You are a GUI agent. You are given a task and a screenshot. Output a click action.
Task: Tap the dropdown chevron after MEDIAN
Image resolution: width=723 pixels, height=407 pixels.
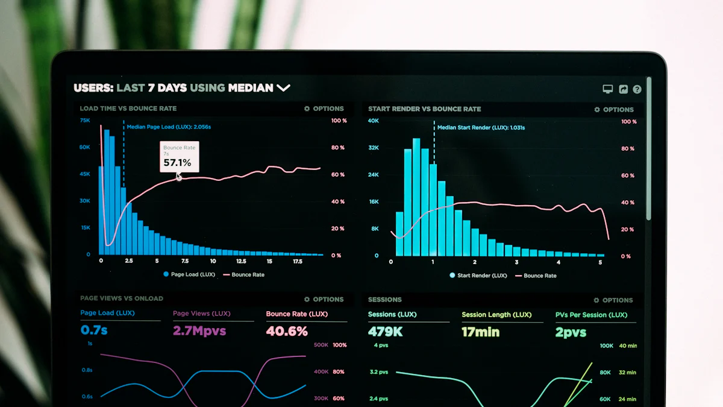[283, 88]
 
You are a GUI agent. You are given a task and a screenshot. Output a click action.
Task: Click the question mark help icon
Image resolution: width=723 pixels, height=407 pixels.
[637, 89]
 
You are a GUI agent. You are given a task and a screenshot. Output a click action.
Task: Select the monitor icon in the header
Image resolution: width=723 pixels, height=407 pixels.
[608, 89]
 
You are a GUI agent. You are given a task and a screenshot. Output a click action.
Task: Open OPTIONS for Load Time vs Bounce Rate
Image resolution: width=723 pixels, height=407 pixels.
[324, 109]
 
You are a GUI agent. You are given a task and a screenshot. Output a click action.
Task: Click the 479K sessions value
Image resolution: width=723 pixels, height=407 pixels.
[386, 332]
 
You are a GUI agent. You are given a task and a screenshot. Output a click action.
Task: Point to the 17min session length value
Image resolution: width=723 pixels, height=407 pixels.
[480, 332]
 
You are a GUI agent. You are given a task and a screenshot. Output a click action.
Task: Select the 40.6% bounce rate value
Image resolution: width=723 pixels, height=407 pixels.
[287, 331]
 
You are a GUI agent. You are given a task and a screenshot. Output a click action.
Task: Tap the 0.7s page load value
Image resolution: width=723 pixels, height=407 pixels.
[94, 330]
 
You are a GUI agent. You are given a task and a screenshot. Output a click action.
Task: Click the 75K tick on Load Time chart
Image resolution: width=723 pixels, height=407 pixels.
[85, 121]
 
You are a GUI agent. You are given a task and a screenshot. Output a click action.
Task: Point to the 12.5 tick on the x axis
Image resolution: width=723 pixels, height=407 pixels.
[241, 261]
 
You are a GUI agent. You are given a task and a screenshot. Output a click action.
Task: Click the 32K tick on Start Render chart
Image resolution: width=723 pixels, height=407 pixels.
[374, 148]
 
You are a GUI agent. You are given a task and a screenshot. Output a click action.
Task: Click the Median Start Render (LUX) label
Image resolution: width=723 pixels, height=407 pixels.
[481, 128]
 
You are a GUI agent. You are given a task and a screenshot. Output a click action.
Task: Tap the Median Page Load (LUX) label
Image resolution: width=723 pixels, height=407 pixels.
[169, 127]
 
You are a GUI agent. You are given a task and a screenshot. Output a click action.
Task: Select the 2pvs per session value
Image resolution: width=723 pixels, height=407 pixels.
[571, 332]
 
